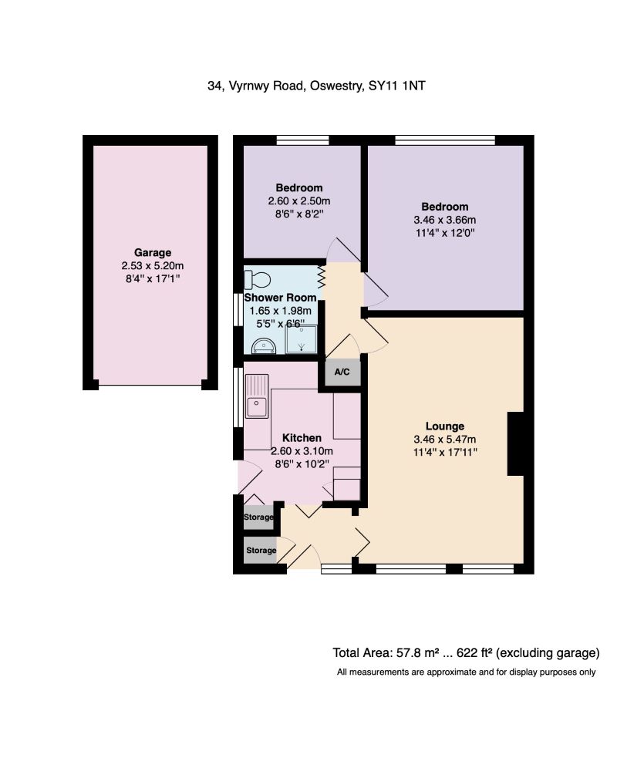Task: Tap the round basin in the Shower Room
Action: (x=264, y=346)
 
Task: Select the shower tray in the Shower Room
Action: (x=302, y=339)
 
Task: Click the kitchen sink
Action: (x=257, y=396)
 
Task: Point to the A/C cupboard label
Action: (x=342, y=372)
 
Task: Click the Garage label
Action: (x=153, y=253)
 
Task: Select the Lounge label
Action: (x=445, y=426)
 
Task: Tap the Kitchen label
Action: (x=302, y=438)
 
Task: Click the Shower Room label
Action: (x=281, y=298)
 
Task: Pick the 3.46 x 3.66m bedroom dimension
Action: (x=445, y=220)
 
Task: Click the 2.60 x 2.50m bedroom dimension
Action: (x=299, y=201)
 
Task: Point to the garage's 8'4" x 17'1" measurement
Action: (x=153, y=278)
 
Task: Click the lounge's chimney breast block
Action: (x=515, y=443)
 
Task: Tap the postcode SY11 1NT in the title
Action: (x=397, y=86)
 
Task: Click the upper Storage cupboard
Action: (x=258, y=517)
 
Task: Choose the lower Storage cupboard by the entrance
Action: (x=261, y=551)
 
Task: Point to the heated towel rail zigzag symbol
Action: (x=322, y=277)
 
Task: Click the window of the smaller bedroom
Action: (x=302, y=140)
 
